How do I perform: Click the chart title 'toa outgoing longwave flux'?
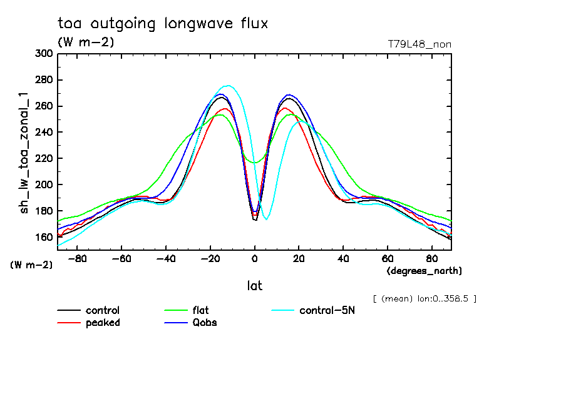tap(163, 24)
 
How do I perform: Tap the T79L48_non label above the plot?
tap(419, 44)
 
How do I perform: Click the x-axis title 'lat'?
tap(255, 286)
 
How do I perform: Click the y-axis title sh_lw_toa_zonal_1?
tap(25, 152)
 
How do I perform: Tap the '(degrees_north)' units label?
tap(424, 271)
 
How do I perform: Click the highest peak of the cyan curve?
tap(227, 86)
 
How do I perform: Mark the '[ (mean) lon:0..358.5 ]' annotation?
tap(424, 298)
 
